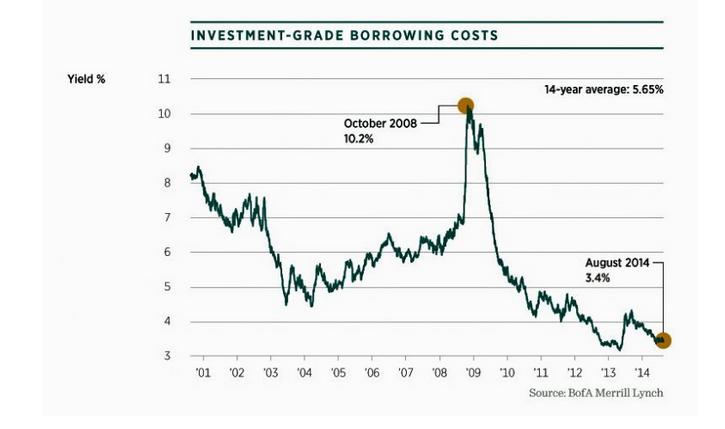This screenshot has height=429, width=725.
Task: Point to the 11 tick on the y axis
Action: (165, 79)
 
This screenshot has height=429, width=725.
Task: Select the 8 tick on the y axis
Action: (165, 183)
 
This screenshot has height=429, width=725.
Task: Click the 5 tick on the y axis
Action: (165, 287)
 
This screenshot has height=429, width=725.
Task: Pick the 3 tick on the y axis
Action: (165, 356)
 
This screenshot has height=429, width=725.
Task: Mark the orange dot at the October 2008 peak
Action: (464, 106)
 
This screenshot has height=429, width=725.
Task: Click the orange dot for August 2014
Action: (662, 341)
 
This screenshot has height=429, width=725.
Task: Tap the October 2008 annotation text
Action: (380, 123)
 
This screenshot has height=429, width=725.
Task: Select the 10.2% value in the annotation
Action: (361, 139)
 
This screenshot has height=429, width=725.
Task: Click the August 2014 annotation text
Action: (617, 263)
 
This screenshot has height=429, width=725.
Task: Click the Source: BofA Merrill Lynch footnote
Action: (596, 393)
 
